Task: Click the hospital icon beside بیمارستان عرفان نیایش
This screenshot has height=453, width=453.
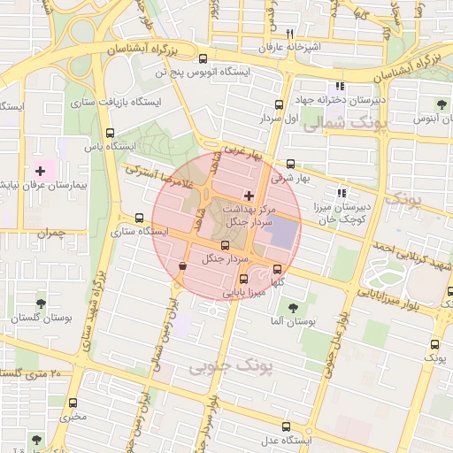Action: tap(40, 168)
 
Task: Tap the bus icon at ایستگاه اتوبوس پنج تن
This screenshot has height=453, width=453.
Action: tap(203, 58)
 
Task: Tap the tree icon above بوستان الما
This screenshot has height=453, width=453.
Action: tap(293, 308)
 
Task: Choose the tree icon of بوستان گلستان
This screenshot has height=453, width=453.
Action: tap(41, 303)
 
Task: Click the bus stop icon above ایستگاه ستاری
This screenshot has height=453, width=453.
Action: tap(139, 218)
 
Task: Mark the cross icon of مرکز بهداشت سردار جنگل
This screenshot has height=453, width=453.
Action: tap(249, 195)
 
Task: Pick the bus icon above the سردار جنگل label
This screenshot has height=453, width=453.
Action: tap(212, 243)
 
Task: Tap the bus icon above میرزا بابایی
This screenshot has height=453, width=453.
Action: tap(244, 279)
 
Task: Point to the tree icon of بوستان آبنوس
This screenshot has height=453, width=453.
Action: tap(442, 104)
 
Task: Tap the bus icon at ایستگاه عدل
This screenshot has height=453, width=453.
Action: tap(262, 439)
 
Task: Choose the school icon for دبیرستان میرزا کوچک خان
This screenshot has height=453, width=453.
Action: tap(342, 193)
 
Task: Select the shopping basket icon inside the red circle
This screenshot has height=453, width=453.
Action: tap(182, 265)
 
